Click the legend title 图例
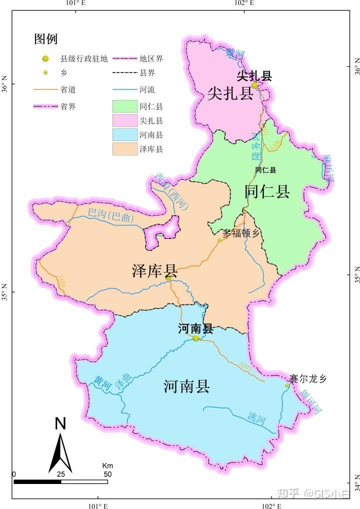point(45,38)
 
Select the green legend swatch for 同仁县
point(124,106)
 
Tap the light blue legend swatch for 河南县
point(124,134)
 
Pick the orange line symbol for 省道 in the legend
point(45,90)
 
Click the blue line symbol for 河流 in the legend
point(124,90)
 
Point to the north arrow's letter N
point(60,423)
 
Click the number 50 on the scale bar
point(107,474)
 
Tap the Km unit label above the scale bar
point(107,465)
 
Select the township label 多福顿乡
point(242,233)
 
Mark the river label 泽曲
point(124,383)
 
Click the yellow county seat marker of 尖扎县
point(254,85)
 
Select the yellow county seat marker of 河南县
point(196,338)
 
